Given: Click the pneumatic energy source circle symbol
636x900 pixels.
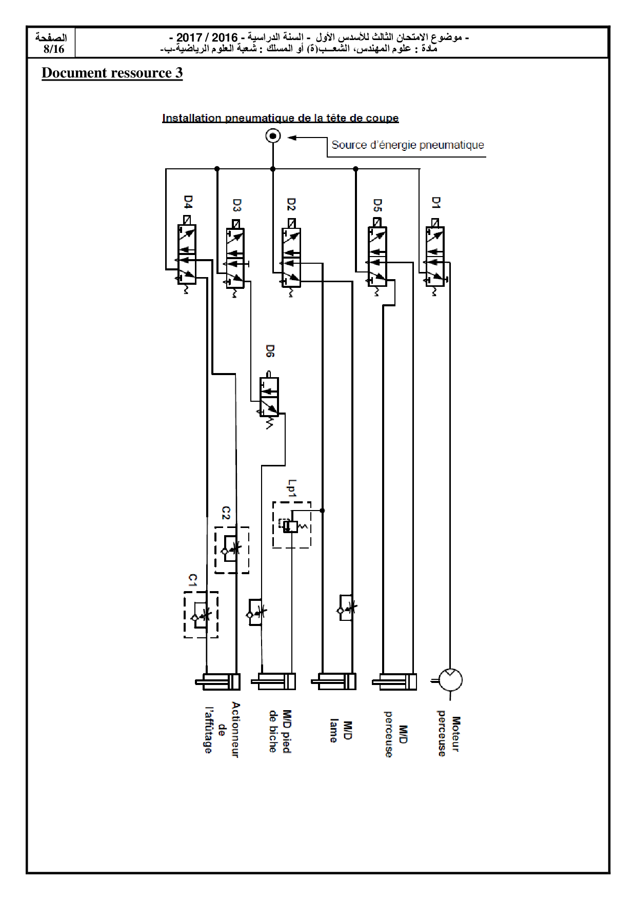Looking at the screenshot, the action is [x=273, y=136].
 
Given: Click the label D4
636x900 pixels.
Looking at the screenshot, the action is [x=188, y=202].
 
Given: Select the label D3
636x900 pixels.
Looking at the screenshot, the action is [x=236, y=205].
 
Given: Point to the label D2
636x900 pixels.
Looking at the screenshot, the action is [x=291, y=204].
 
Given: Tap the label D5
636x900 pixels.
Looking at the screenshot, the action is [x=377, y=205].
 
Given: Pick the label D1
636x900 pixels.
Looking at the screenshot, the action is [x=436, y=203].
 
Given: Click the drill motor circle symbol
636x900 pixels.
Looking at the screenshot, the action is [x=451, y=680].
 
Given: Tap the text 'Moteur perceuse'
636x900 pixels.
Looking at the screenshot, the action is [x=449, y=734].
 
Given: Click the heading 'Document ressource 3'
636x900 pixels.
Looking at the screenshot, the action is [x=112, y=73].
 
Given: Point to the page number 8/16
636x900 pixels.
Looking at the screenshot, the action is [x=54, y=49].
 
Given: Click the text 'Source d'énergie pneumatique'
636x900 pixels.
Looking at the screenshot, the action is [x=408, y=145].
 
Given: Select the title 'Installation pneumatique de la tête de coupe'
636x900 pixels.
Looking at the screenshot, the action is [x=280, y=118].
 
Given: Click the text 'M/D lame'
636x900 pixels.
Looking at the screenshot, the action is [x=341, y=731].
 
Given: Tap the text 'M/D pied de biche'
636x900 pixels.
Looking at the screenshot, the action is [x=280, y=732].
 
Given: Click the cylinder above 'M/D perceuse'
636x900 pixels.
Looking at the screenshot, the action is [x=394, y=681].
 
